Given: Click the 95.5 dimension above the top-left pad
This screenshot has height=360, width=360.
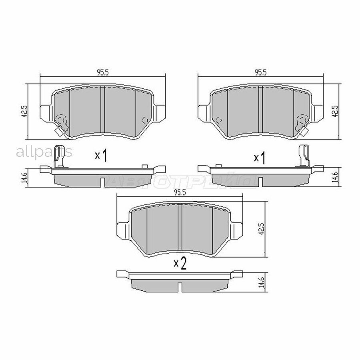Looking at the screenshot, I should pyautogui.click(x=103, y=72).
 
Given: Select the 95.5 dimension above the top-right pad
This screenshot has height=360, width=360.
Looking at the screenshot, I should pyautogui.click(x=260, y=72).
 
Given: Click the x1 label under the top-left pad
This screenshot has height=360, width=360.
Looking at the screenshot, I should pyautogui.click(x=102, y=156).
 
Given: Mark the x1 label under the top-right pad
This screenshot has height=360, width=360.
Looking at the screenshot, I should pyautogui.click(x=260, y=158).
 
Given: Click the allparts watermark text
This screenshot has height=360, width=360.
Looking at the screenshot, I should pyautogui.click(x=44, y=152).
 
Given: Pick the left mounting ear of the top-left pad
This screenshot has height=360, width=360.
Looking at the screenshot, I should pyautogui.click(x=46, y=111).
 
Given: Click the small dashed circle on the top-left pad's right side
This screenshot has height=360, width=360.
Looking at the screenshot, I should pyautogui.click(x=146, y=120).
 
